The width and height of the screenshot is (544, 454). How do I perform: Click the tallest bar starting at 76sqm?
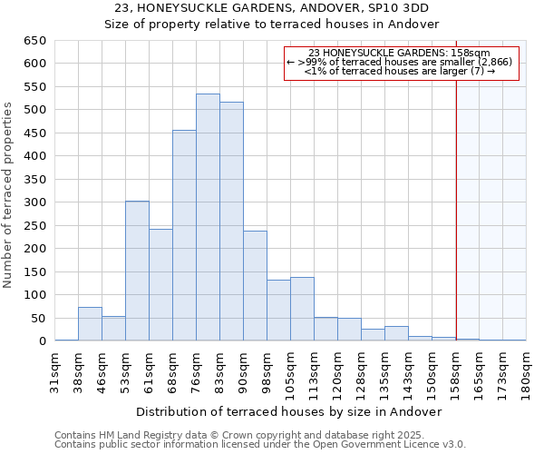point(208,218)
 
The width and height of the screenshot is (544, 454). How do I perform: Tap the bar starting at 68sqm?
point(184,236)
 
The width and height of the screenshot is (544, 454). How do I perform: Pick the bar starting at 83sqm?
point(231,222)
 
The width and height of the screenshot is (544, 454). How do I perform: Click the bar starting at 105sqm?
point(302,309)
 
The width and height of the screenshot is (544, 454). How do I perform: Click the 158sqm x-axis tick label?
point(456,371)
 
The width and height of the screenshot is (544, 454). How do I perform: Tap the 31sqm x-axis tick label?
point(55,371)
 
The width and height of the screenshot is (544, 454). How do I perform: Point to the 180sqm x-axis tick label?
point(527,371)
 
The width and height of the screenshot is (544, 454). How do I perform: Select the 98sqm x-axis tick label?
point(267,371)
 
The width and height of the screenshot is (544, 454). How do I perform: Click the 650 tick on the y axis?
point(36,41)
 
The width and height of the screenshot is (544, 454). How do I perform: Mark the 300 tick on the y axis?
point(36,202)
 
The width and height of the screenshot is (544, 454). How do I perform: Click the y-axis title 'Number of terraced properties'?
point(8,195)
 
